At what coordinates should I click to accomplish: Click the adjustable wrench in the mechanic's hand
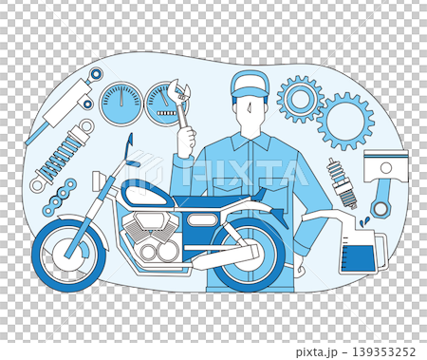[179, 103]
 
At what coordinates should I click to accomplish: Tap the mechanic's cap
[250, 84]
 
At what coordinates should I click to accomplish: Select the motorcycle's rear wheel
[249, 256]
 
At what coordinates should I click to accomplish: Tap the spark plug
[343, 183]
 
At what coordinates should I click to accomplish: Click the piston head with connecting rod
[385, 181]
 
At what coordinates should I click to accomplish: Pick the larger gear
[346, 121]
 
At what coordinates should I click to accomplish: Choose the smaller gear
[300, 99]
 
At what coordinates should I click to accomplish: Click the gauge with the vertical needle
[121, 103]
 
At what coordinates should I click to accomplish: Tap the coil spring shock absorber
[62, 156]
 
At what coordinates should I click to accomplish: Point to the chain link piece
[60, 196]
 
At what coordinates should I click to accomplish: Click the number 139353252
[384, 351]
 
